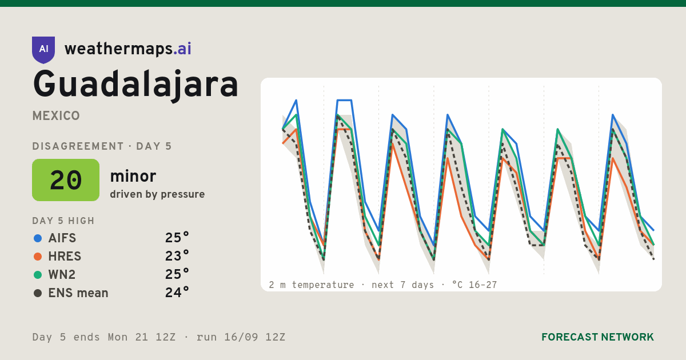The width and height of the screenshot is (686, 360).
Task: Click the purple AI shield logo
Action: point(43,50)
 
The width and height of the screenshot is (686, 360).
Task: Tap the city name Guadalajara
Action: point(135,85)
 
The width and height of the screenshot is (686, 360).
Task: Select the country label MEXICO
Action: point(56,116)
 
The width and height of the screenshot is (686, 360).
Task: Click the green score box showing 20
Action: point(66,180)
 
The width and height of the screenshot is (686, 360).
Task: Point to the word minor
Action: point(133,177)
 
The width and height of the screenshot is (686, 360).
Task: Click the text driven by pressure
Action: point(157,194)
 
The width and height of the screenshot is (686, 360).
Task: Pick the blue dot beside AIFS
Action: point(38,238)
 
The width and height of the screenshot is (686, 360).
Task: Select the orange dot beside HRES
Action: point(38,257)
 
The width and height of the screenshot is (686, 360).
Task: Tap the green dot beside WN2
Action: point(38,275)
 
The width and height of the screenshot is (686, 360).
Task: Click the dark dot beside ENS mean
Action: point(38,293)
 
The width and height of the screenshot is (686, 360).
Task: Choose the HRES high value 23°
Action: point(177,256)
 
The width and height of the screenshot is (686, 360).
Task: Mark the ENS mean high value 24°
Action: point(177,293)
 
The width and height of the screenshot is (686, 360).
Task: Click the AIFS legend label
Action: point(62,238)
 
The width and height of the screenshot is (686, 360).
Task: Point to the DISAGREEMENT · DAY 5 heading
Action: point(102,146)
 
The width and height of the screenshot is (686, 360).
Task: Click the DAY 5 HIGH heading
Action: point(63,221)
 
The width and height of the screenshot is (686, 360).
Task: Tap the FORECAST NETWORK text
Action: point(597,337)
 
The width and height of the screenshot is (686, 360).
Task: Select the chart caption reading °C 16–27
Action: point(474,285)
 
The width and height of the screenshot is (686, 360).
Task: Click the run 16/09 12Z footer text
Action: point(241,337)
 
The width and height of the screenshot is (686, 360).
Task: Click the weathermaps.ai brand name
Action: point(128,49)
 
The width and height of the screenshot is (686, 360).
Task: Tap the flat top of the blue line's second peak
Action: point(344,100)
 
